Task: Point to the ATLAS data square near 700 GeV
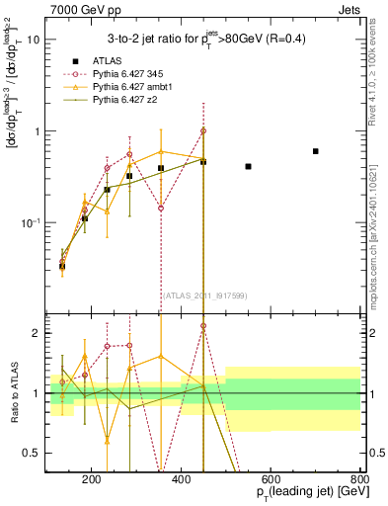pos(316,151)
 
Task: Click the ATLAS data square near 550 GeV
pos(248,166)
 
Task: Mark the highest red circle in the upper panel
pos(203,130)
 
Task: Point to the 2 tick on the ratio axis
pos(38,333)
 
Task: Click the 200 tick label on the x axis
pos(91,480)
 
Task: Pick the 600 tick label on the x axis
pos(272,480)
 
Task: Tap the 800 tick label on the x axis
pos(358,480)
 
